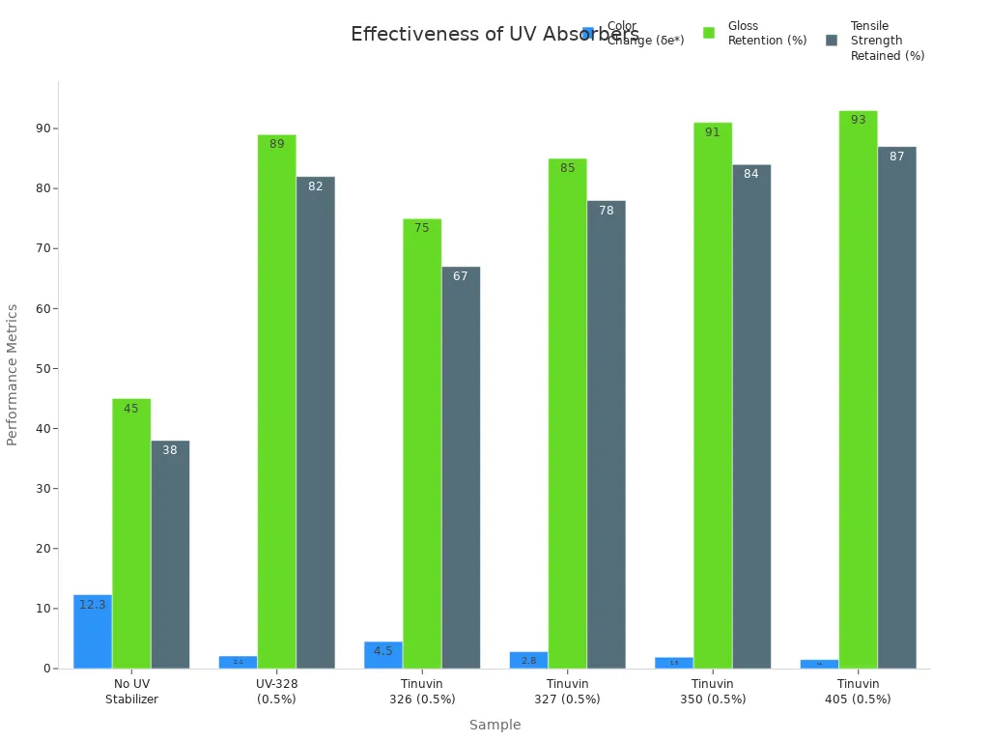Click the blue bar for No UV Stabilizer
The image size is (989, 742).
coord(93,632)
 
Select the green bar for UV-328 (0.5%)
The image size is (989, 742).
coord(276,401)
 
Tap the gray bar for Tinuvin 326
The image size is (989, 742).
coord(461,468)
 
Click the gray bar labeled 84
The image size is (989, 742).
coord(751,416)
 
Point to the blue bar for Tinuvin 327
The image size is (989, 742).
coord(528,660)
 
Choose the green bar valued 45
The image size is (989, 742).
coord(131,533)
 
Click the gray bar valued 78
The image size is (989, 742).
coord(606,435)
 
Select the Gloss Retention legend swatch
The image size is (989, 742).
coord(709,33)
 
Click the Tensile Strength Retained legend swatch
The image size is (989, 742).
coord(832,41)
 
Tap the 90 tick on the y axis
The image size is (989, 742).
coord(42,128)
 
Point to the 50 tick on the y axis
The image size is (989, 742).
coord(42,369)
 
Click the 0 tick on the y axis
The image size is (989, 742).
coord(45,669)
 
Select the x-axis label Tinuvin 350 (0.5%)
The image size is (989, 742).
coord(712,692)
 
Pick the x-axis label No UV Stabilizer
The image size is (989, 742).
coord(131,692)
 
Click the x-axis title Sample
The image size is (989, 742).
coord(494,725)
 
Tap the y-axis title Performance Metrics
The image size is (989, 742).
coord(13,375)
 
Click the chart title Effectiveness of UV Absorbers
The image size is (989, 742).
coord(464,35)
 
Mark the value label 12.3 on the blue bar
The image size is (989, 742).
coord(93,605)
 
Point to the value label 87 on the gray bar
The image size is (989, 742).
coord(896,157)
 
